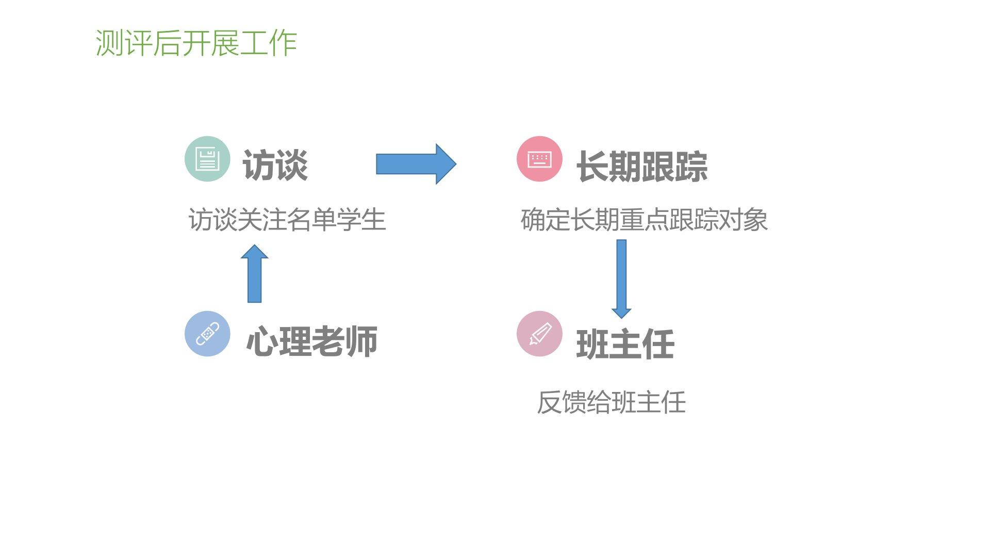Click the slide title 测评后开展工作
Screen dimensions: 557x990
click(x=196, y=43)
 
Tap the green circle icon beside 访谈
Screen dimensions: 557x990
click(x=207, y=159)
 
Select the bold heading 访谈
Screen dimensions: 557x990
click(x=275, y=166)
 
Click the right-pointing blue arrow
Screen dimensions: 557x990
click(x=416, y=164)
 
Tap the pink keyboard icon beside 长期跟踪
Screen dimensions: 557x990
click(x=539, y=159)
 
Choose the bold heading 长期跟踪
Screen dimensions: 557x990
click(x=641, y=167)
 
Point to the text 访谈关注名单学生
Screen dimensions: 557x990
click(x=287, y=220)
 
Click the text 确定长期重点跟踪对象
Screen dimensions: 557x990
click(x=644, y=220)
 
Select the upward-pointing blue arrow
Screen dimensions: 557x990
click(x=255, y=273)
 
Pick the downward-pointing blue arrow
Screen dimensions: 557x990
click(x=621, y=278)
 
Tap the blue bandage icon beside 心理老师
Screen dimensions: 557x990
click(x=207, y=334)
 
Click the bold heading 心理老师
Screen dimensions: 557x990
click(x=312, y=341)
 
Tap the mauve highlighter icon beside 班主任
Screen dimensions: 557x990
click(x=539, y=334)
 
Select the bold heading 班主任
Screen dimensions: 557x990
click(x=625, y=344)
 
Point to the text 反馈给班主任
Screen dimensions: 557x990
click(x=611, y=402)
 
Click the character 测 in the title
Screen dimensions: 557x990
click(x=109, y=43)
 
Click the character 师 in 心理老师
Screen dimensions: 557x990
click(x=361, y=341)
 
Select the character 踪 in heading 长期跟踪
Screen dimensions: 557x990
click(x=691, y=167)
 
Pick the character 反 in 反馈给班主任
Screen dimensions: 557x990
click(x=549, y=402)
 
